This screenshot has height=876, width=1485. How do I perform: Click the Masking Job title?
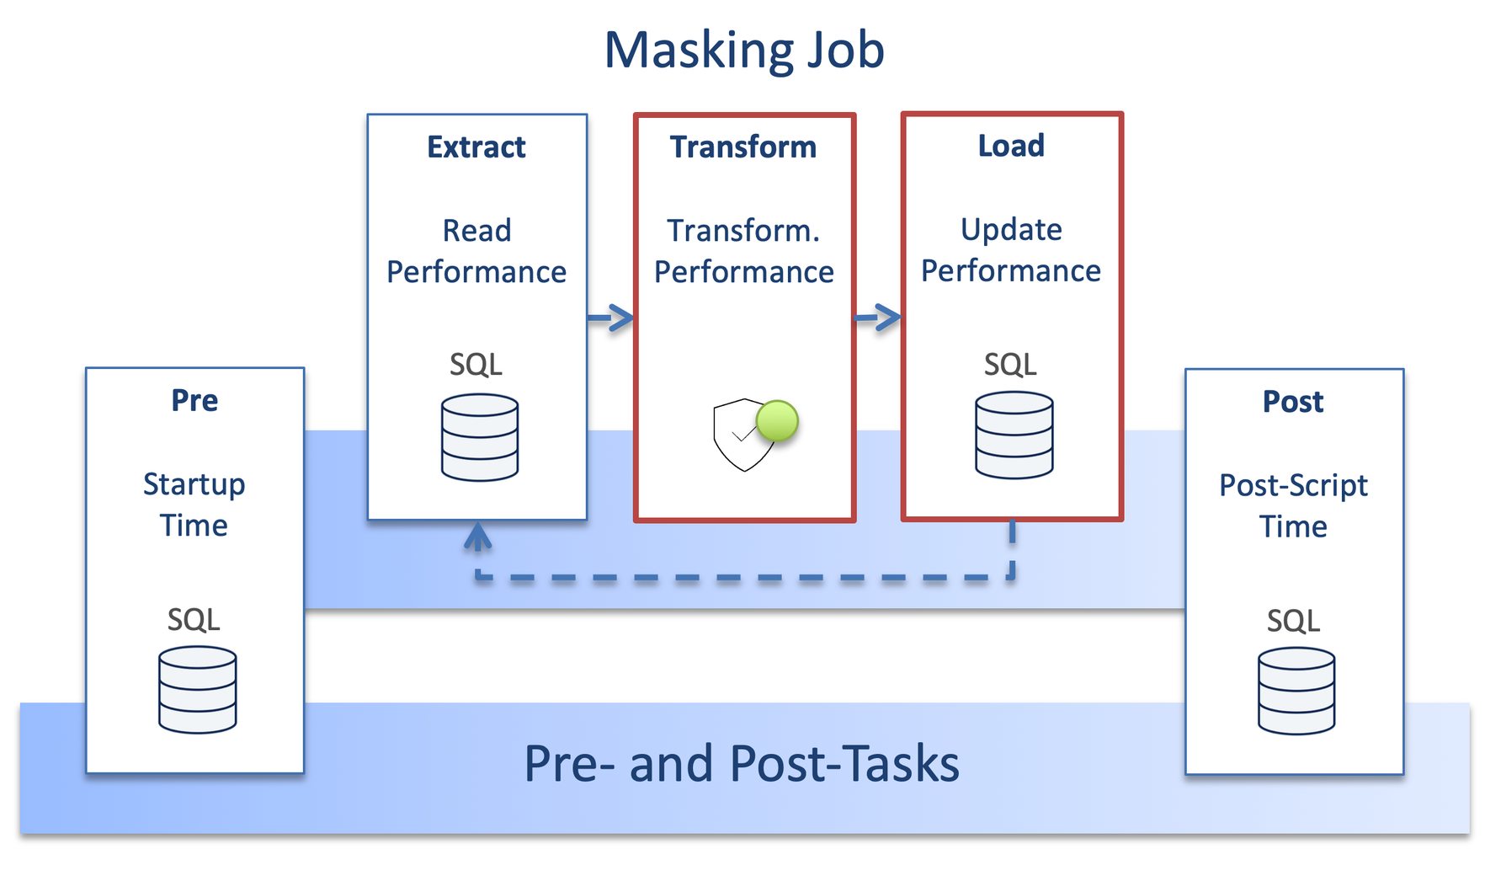tap(744, 51)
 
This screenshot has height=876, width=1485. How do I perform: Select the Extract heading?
tap(476, 147)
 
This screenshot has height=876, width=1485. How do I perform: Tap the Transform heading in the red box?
tap(743, 147)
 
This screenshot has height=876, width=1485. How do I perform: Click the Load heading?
tap(1011, 147)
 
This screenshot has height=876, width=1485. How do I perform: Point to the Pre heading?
tap(194, 401)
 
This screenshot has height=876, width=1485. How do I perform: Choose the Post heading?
tap(1293, 403)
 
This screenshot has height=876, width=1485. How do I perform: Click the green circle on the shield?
tap(777, 421)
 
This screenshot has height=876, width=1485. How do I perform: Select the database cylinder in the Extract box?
tap(480, 437)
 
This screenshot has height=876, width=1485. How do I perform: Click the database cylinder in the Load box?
tap(1014, 435)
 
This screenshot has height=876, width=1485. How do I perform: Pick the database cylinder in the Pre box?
tap(197, 690)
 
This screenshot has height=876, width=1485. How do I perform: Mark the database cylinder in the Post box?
tap(1296, 691)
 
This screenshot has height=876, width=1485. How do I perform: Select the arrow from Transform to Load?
tap(878, 318)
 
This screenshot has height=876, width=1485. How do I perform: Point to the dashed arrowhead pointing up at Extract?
tap(478, 536)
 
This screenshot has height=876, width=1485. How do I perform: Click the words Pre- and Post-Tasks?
tap(741, 764)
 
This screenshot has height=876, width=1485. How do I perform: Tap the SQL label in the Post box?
tap(1293, 622)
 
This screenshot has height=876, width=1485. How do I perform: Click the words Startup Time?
tap(194, 505)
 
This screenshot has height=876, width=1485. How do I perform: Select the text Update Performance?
tap(1011, 250)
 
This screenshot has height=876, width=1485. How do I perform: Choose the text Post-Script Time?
tap(1293, 505)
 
